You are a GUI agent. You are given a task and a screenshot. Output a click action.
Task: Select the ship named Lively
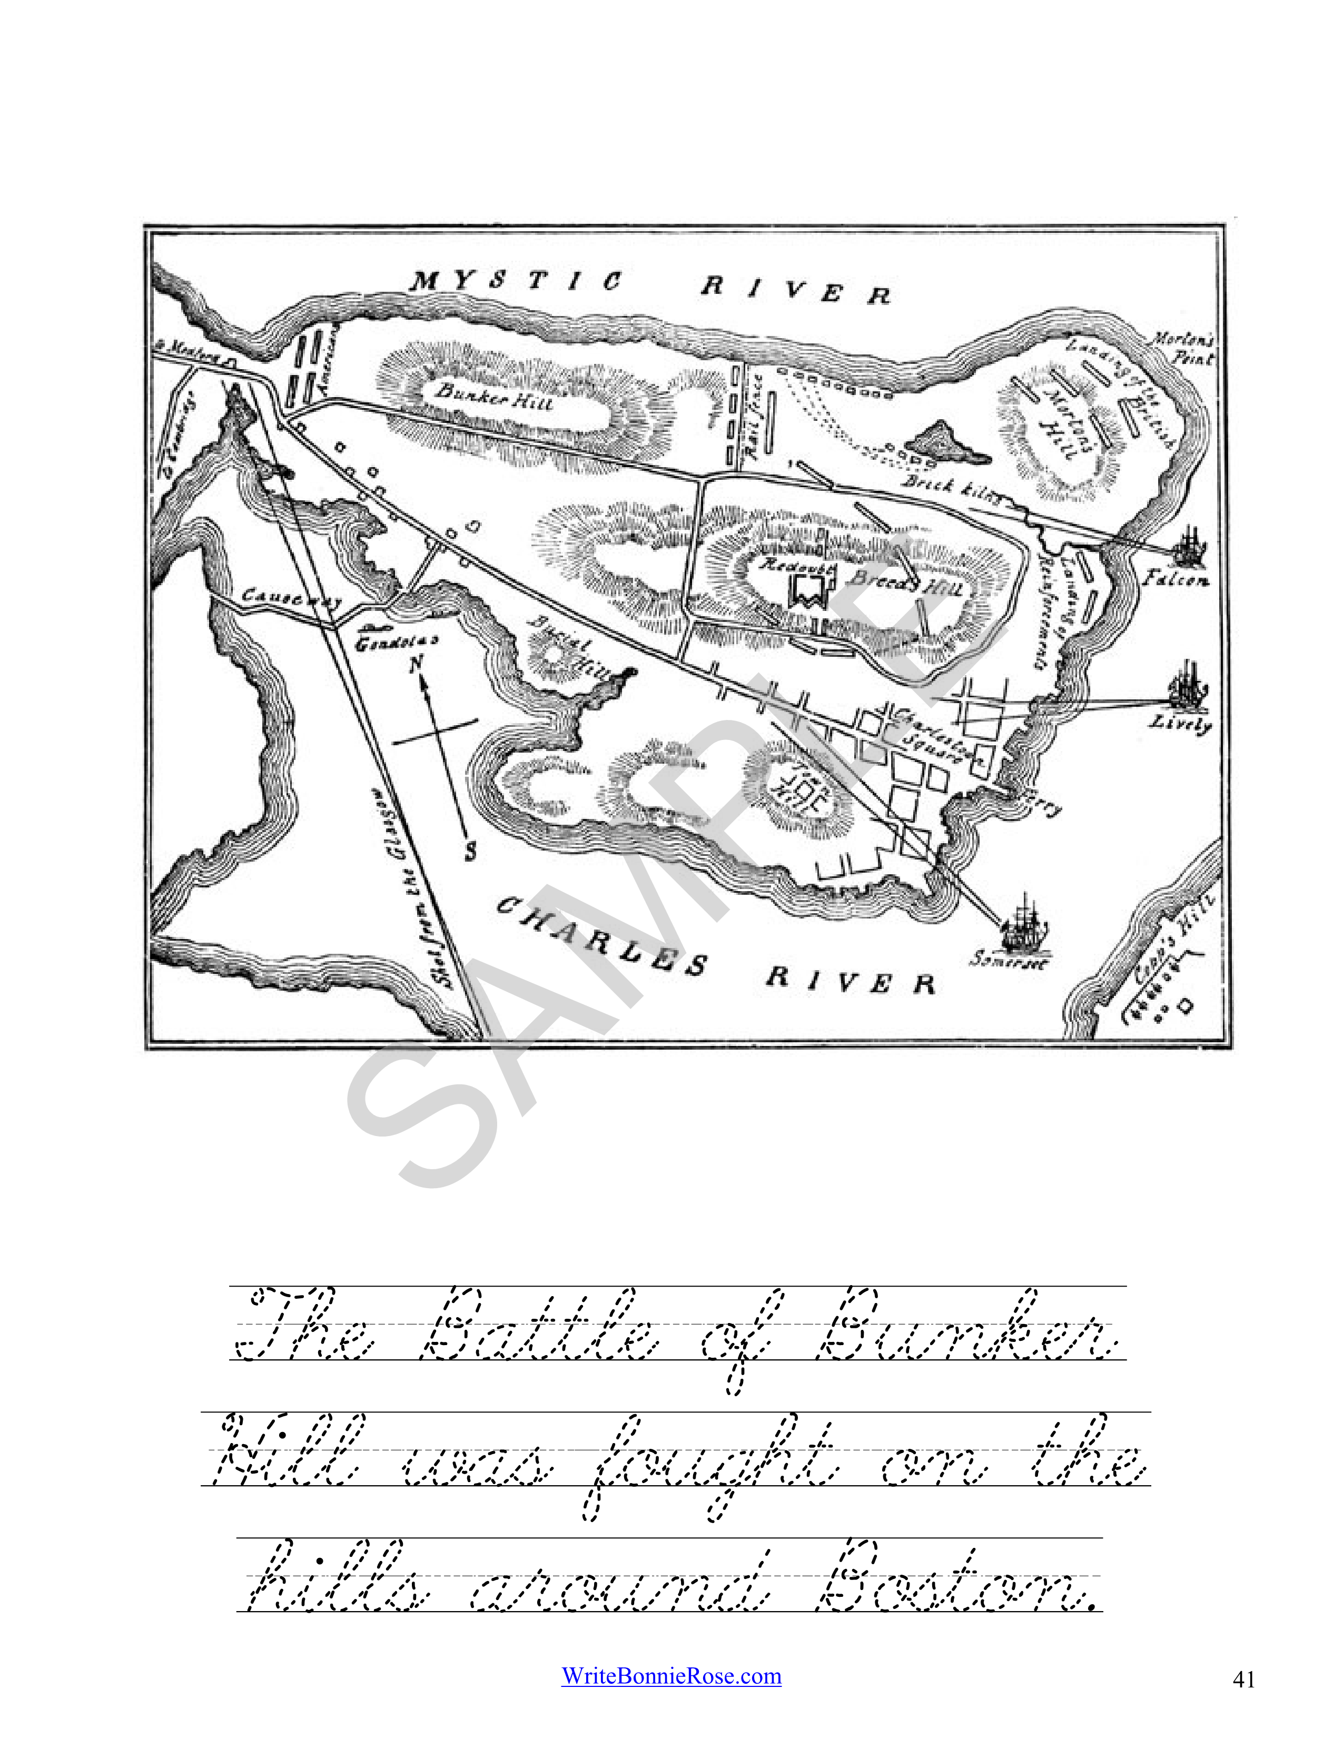(x=1187, y=685)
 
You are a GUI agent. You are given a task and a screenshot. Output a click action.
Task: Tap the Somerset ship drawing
(x=1025, y=925)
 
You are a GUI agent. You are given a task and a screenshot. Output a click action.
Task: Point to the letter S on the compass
(x=471, y=852)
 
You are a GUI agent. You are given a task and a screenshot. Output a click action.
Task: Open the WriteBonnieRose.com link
(x=670, y=1676)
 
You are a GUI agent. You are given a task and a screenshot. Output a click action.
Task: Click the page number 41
(x=1243, y=1679)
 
